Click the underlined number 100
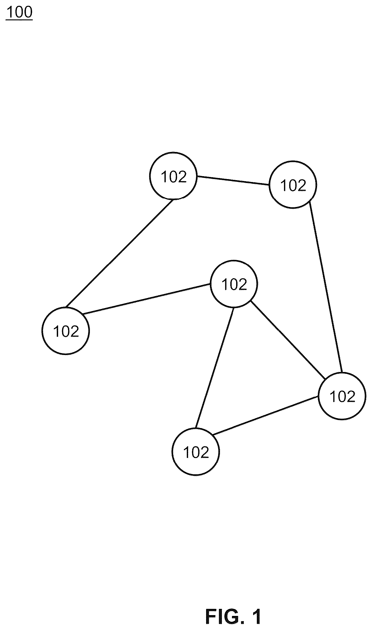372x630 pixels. (19, 12)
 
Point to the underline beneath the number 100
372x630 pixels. (19, 19)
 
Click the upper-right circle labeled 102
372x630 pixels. (293, 184)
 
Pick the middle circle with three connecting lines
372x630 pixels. (234, 284)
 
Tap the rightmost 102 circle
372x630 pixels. (342, 396)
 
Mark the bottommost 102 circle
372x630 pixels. (196, 451)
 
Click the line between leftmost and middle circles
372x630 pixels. (146, 299)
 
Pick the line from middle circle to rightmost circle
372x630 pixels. (288, 340)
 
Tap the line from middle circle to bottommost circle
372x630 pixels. (214, 368)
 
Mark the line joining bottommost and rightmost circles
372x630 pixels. (266, 416)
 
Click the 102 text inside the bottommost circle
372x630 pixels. (196, 452)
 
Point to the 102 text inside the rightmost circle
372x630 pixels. (342, 396)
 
